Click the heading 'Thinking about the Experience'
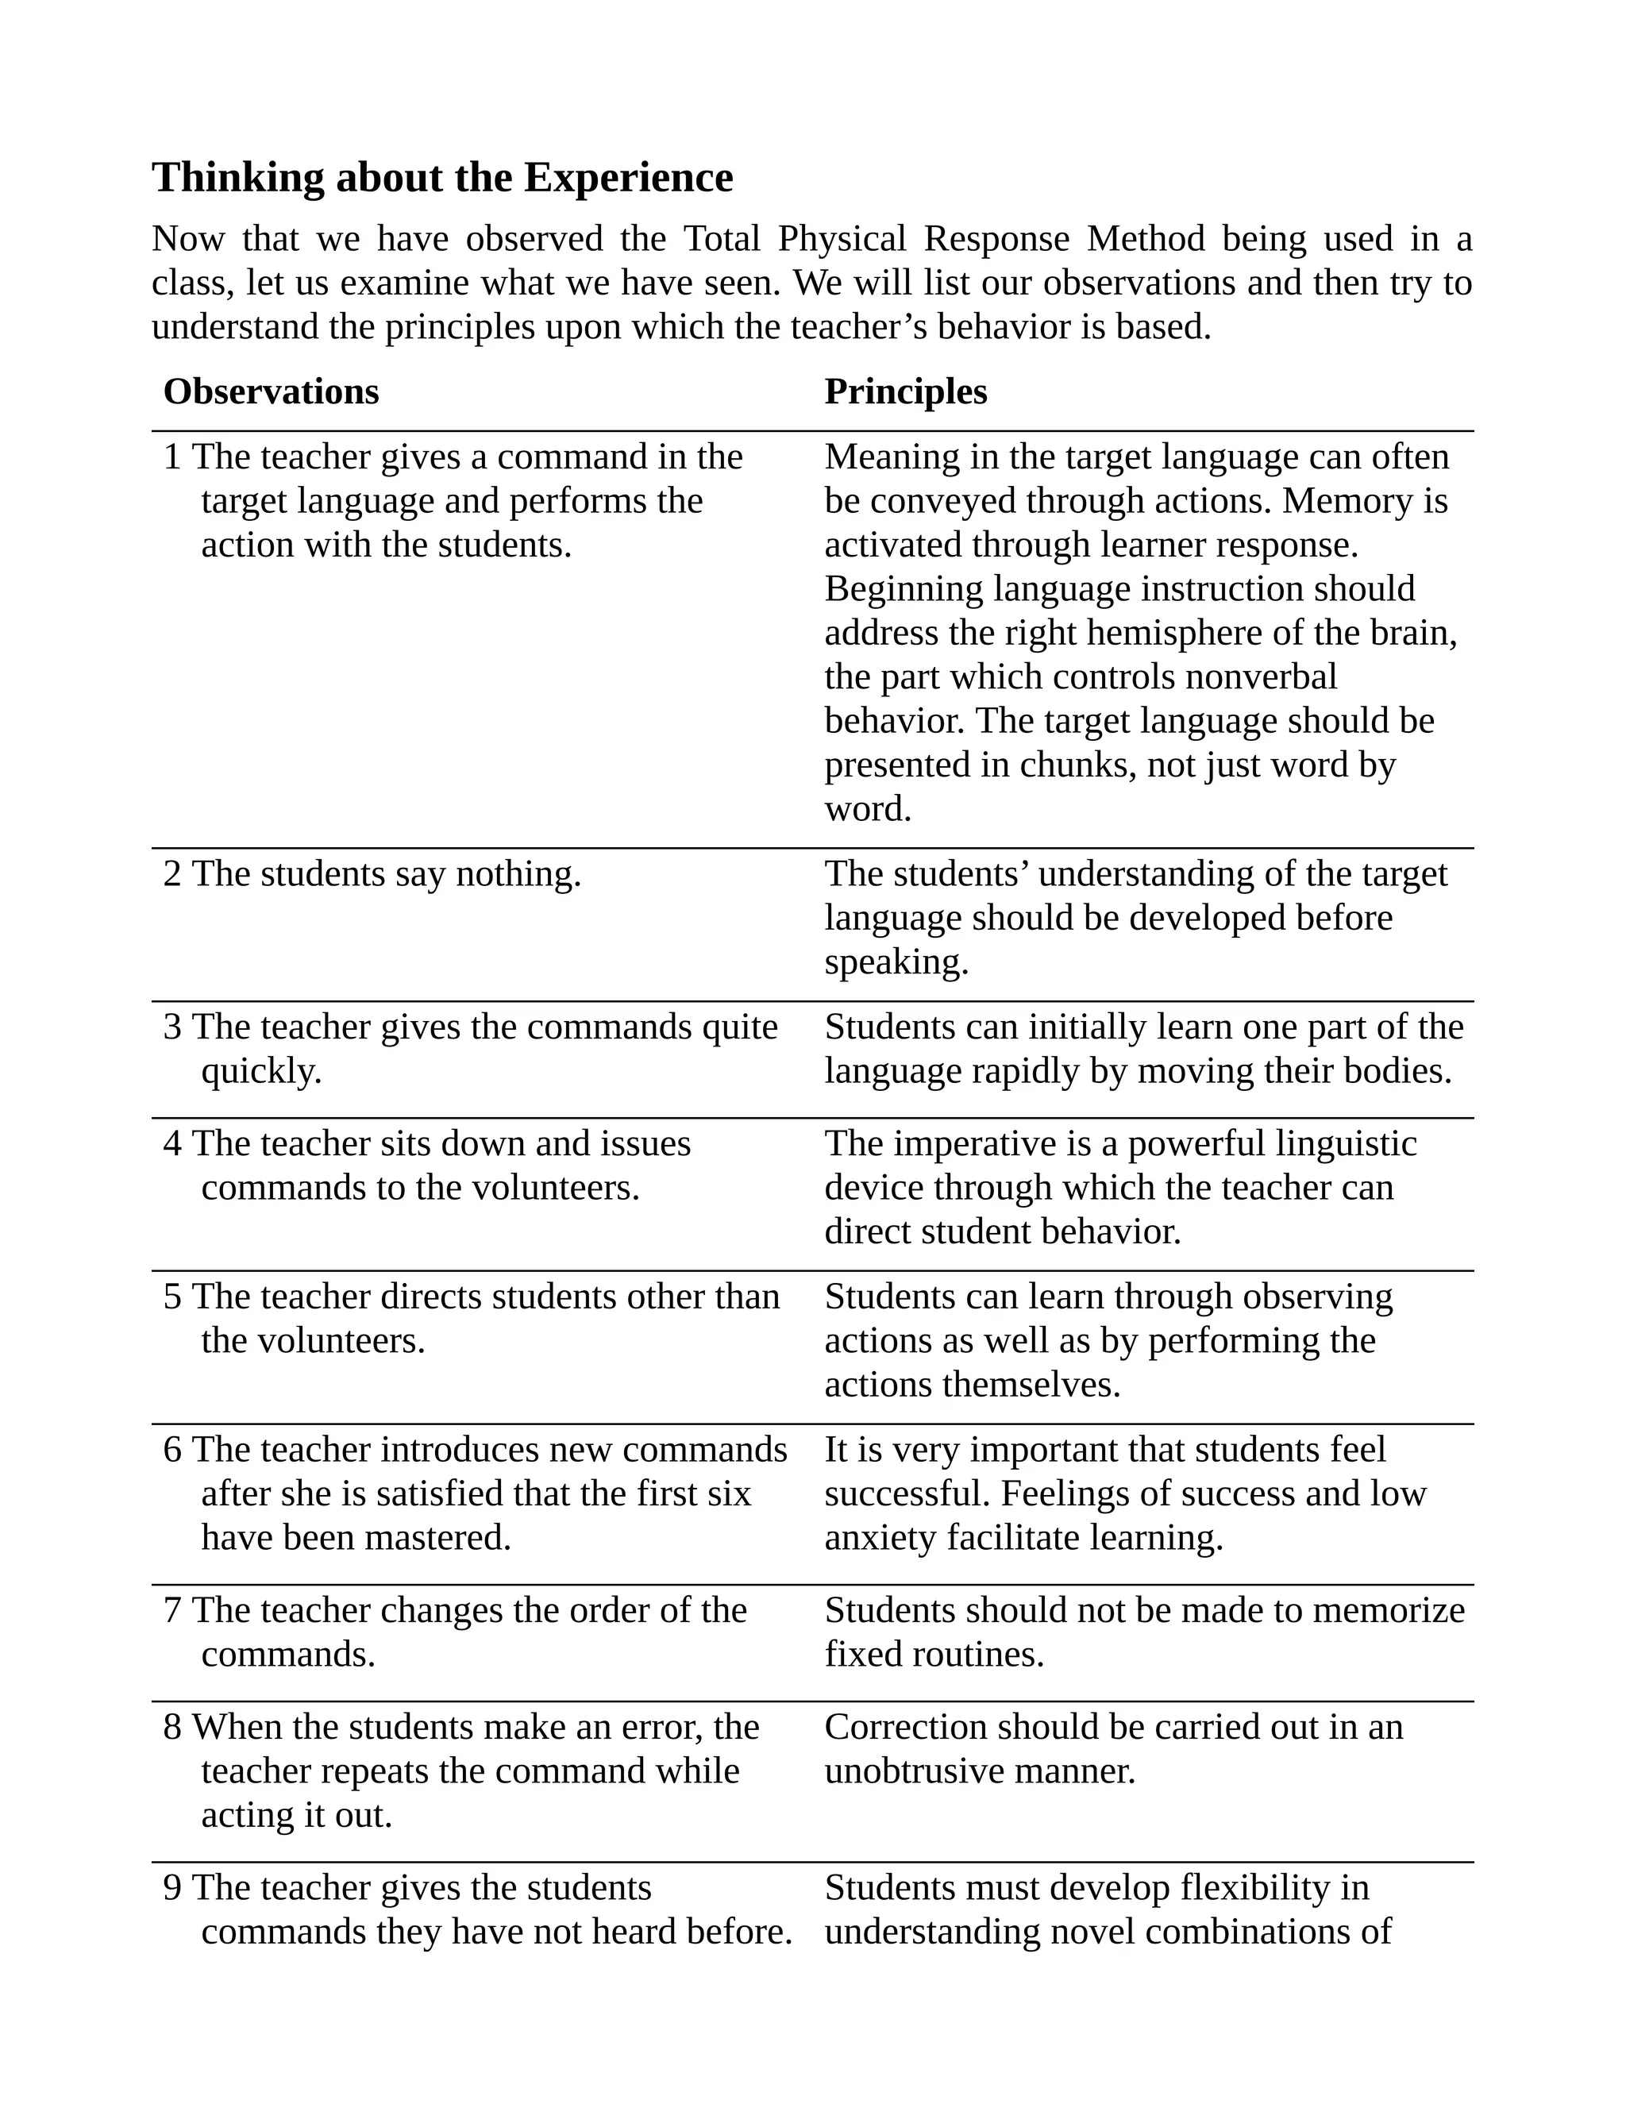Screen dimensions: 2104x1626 pos(442,178)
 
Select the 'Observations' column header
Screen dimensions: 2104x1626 pos(271,392)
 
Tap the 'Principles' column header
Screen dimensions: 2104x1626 pos(905,392)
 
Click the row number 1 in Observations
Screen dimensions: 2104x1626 pos(172,457)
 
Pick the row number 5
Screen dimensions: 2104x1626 pos(172,1297)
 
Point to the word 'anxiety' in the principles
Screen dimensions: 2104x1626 pos(881,1538)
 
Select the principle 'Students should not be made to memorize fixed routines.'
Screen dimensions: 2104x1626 pos(1144,1632)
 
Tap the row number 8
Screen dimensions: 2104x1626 pos(172,1728)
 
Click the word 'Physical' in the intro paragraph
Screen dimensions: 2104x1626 pos(842,239)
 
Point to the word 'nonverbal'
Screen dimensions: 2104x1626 pos(1261,677)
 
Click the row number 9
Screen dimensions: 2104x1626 pos(172,1887)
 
